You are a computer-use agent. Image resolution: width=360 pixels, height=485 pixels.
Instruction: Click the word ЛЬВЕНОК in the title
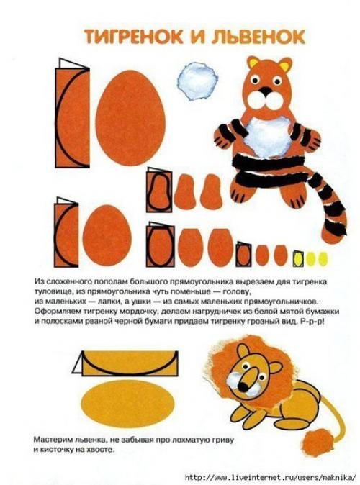pos(258,37)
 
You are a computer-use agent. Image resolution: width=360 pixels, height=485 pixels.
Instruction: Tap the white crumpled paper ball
pos(197,81)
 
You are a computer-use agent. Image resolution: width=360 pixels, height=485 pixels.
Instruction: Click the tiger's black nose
pos(265,91)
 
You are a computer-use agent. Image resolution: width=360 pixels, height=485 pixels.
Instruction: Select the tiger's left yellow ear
pos(253,62)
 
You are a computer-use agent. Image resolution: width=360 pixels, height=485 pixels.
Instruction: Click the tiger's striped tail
pos(329,207)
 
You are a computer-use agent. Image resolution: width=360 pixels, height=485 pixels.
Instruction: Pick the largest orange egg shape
pos(130,118)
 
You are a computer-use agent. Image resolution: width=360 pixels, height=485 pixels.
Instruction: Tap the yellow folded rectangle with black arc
pos(125,363)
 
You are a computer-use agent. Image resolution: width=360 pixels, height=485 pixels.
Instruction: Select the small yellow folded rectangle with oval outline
pos(297,258)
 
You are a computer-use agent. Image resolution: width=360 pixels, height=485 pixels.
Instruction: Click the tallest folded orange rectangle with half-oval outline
pos(72,113)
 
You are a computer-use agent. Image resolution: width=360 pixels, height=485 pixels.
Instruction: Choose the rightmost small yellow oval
pos(323,258)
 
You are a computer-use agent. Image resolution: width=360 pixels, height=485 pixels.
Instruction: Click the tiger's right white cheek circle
pos(274,100)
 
